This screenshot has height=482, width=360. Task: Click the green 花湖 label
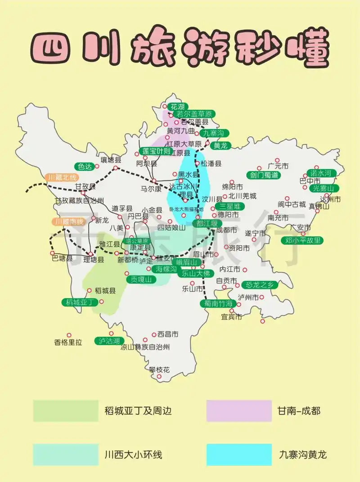[177, 107]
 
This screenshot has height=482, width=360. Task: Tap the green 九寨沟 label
[213, 133]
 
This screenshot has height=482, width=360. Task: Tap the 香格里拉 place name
[68, 342]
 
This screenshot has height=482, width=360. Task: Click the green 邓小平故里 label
[304, 240]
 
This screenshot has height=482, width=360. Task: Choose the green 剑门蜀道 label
[262, 175]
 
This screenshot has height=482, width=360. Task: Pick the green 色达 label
[85, 166]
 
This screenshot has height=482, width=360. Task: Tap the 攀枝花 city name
[160, 370]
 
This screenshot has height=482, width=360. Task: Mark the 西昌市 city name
[168, 334]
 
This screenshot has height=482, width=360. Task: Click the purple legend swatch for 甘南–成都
[239, 410]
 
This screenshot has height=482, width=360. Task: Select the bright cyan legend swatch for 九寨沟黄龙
[239, 455]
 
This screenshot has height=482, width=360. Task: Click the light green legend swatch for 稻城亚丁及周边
[66, 410]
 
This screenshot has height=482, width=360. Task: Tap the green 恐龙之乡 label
[260, 284]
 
